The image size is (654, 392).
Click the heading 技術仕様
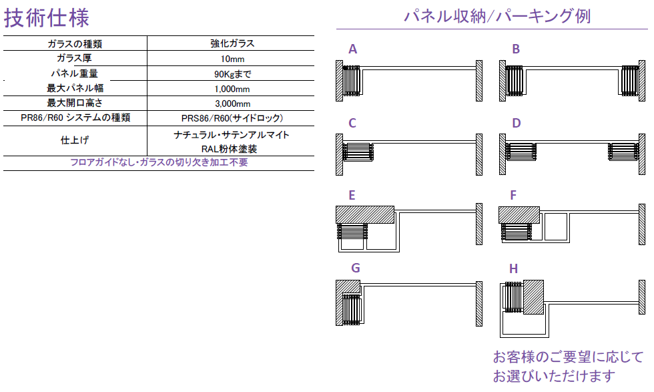47,17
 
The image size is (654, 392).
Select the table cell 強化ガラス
232,44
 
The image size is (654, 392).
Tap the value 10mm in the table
232,59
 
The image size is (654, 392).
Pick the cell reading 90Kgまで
232,73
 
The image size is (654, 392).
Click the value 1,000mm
232,88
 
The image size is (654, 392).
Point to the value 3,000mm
232,103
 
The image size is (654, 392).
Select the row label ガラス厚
75,59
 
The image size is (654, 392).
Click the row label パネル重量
75,73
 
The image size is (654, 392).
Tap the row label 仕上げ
75,140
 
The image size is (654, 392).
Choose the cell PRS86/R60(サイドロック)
232,118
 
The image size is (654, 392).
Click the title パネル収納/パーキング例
497,16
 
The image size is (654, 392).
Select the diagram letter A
353,49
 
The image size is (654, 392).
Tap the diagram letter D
516,123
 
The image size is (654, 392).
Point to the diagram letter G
356,268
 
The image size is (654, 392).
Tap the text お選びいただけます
554,375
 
